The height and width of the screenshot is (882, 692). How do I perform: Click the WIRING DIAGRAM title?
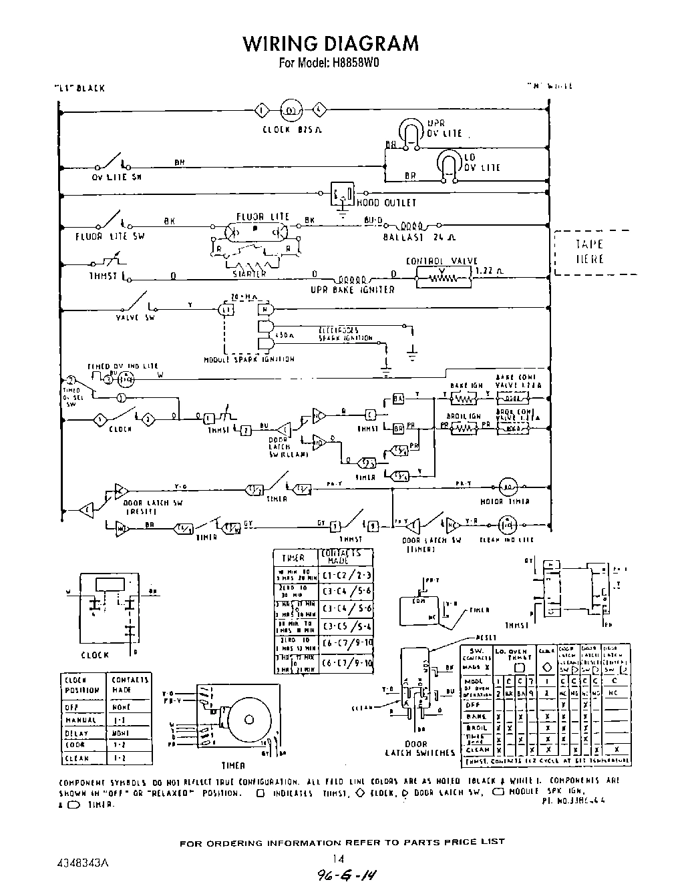click(331, 43)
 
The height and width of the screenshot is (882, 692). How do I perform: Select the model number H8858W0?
click(356, 64)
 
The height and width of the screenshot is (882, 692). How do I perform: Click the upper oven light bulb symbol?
click(408, 131)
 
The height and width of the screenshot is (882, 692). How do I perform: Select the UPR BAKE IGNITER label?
click(353, 290)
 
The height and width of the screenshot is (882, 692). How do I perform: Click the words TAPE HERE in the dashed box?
click(589, 252)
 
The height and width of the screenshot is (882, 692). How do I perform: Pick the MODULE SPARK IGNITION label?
click(248, 359)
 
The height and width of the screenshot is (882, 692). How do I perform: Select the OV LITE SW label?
click(117, 178)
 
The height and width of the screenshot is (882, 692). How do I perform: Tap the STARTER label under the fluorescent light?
click(249, 273)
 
